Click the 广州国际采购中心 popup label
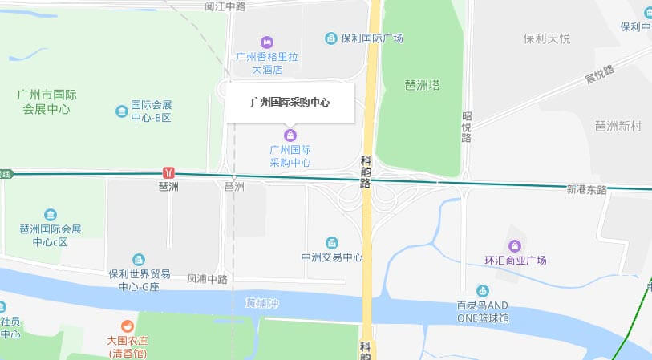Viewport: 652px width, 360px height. tap(290, 103)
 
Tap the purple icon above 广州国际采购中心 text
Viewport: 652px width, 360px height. tap(290, 134)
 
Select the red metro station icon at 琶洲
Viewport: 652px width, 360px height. tap(168, 172)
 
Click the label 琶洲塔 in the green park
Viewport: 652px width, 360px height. tap(422, 85)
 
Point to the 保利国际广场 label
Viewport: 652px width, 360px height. tap(371, 38)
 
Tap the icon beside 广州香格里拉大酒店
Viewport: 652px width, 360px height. tap(268, 42)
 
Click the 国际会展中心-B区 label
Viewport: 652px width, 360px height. tap(152, 111)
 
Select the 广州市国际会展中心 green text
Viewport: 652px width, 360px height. tap(45, 102)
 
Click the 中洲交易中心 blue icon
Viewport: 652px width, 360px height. tap(332, 243)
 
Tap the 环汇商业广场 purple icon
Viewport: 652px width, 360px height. tap(514, 245)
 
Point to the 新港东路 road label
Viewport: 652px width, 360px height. tap(587, 190)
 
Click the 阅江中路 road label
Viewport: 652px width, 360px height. tap(225, 6)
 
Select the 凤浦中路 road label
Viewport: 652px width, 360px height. tap(207, 279)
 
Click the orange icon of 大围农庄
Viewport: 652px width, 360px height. tap(127, 326)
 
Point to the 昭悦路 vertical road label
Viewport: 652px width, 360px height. tap(466, 127)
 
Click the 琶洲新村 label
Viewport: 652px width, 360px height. tap(618, 126)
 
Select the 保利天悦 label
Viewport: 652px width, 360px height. tap(547, 38)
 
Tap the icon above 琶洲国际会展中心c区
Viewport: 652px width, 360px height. tap(51, 215)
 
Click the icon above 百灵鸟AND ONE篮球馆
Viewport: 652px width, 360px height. tap(482, 291)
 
